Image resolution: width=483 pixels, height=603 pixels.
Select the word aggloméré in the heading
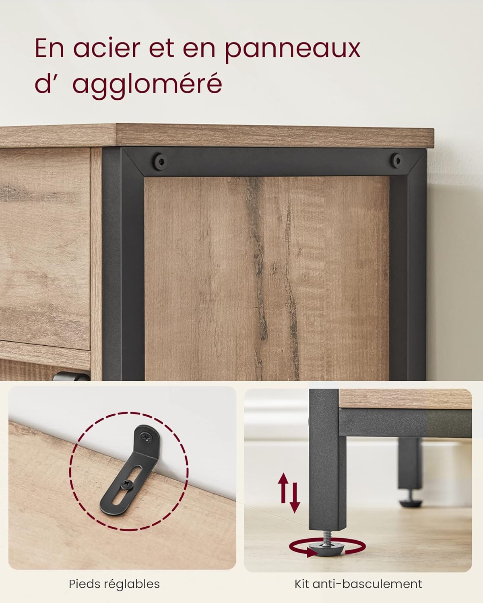point(147,85)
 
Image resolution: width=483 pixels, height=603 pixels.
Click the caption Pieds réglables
point(114,584)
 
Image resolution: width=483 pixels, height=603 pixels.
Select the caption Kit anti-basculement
point(358,584)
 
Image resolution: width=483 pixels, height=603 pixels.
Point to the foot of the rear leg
point(409,500)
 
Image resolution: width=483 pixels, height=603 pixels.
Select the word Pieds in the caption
point(84,584)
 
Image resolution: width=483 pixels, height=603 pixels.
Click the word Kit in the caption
point(302,584)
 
